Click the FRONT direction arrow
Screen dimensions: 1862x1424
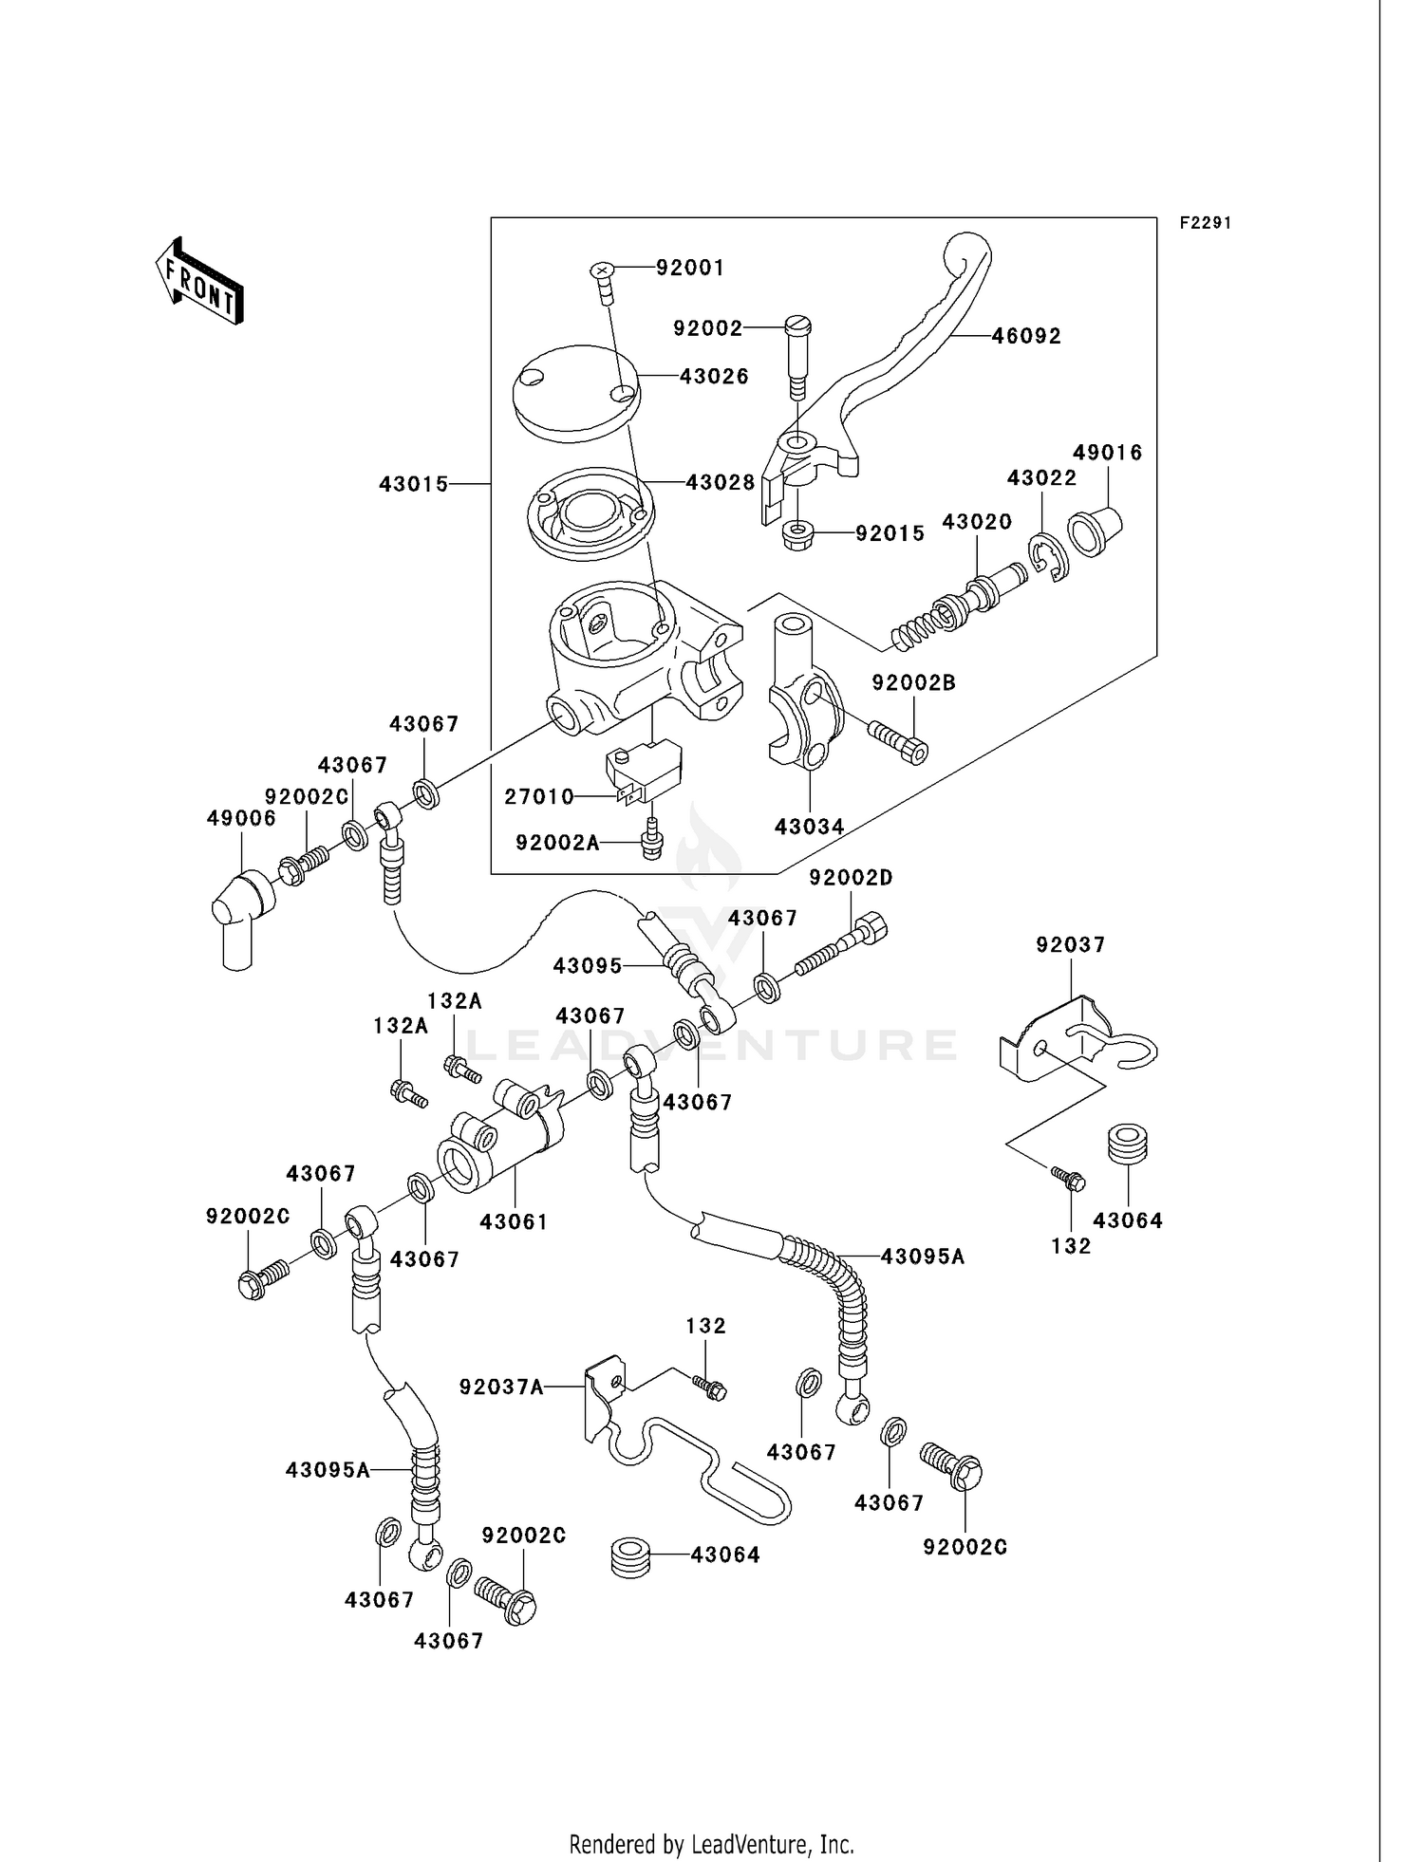pos(199,282)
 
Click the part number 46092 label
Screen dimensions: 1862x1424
pos(1026,336)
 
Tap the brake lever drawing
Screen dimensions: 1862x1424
pos(883,380)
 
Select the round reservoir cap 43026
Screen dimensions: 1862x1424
pos(573,390)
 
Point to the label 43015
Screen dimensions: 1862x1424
pos(413,484)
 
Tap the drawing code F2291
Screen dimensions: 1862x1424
pos(1205,223)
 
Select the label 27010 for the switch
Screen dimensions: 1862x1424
pos(539,797)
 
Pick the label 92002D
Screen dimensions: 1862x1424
pos(851,878)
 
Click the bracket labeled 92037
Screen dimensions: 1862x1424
pos(1063,1044)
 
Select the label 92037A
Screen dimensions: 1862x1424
pos(501,1387)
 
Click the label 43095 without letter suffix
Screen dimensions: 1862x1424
pos(588,965)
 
